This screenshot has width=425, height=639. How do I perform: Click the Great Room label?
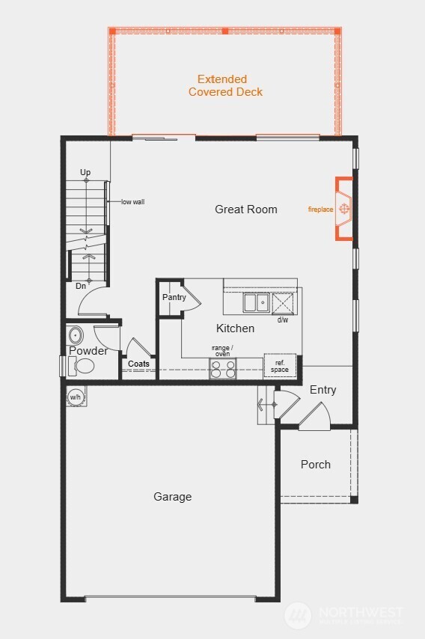[245, 210]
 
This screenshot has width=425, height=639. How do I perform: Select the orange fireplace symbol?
[344, 209]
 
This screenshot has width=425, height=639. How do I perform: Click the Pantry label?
[174, 298]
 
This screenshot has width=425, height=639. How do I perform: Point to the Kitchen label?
[235, 328]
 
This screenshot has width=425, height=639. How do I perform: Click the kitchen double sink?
[257, 302]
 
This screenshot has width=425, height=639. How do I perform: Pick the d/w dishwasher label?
[283, 320]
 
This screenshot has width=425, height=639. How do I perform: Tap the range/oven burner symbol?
[223, 368]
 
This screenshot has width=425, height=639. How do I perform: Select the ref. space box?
[280, 366]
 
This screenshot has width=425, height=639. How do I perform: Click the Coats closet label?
[138, 364]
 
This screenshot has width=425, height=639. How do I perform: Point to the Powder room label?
[88, 351]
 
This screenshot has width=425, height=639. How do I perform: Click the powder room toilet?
[82, 366]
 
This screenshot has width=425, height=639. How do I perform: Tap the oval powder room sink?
[76, 334]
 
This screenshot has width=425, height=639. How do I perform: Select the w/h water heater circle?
[76, 397]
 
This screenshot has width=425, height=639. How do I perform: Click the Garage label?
[173, 497]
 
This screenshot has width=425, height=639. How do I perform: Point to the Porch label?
[316, 465]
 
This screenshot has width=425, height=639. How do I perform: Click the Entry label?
[322, 390]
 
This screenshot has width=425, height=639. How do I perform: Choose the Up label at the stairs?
[85, 173]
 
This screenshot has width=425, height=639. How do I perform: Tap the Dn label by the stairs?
[81, 286]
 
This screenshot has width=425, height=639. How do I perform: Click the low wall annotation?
[132, 202]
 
